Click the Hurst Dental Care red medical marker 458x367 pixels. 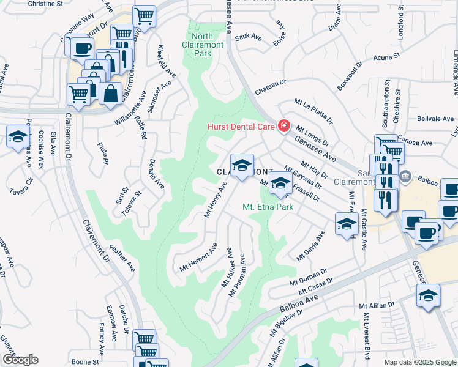point(283,126)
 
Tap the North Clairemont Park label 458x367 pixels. point(197,44)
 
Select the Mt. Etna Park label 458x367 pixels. point(268,207)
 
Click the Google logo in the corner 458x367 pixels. point(20,360)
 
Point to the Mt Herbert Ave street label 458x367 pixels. point(198,258)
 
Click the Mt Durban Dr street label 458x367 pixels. point(308,278)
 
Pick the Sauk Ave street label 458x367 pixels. point(249,38)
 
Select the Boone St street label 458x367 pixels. point(85,361)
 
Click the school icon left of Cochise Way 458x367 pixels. point(18,136)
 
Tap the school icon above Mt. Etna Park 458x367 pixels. point(280,183)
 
